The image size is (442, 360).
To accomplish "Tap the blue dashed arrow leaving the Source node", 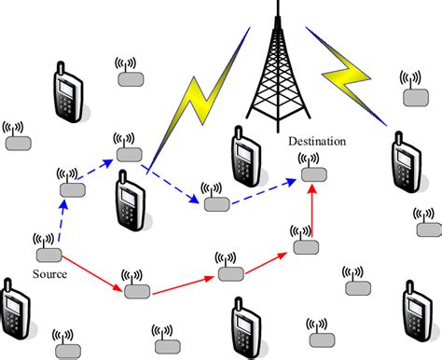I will pos(58,219).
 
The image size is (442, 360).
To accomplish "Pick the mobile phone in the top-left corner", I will pos(65,92).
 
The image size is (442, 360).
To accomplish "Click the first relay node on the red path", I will pos(136,288).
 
